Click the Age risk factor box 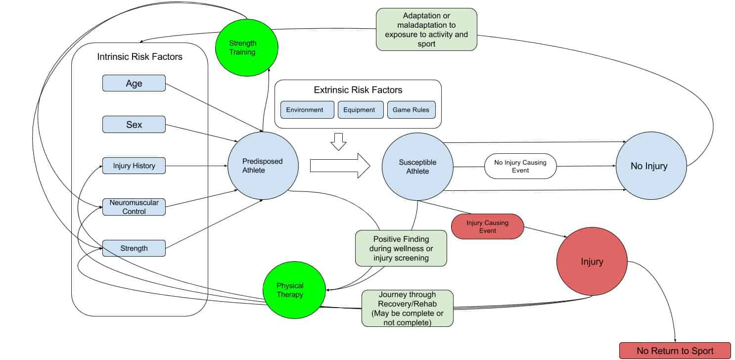134,83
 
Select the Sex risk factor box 134,124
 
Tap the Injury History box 134,166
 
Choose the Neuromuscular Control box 134,207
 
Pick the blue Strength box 134,248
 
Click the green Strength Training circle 247,47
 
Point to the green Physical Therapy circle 290,290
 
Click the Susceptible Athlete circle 418,167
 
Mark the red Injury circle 592,261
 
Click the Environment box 305,110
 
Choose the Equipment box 361,110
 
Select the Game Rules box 411,110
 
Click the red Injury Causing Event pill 487,226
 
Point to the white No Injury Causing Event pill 520,166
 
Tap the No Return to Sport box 675,351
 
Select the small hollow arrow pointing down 338,141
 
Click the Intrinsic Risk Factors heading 139,57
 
